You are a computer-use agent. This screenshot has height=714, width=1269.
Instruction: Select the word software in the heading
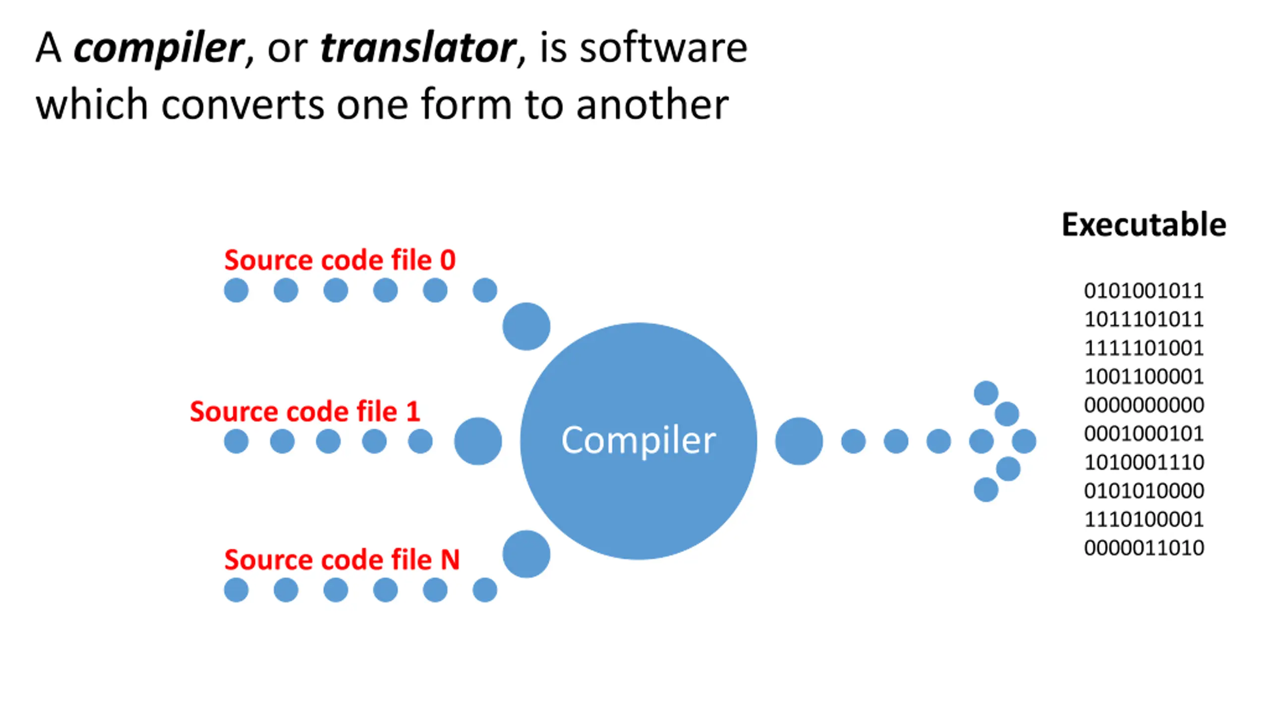[x=663, y=48]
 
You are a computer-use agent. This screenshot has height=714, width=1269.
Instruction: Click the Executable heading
[x=1144, y=225]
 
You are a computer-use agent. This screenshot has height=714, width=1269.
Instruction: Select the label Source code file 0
[x=340, y=260]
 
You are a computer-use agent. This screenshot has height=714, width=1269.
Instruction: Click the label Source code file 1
[x=305, y=412]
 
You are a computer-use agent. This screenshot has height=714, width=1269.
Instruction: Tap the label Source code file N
[x=342, y=560]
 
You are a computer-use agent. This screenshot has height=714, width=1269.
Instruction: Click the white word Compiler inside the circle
[x=638, y=440]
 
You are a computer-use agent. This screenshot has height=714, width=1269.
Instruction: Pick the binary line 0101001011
[x=1144, y=291]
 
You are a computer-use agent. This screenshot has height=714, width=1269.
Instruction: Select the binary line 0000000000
[x=1144, y=405]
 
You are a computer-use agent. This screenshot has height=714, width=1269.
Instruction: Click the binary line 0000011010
[x=1144, y=548]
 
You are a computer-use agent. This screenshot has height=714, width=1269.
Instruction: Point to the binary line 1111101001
[x=1144, y=348]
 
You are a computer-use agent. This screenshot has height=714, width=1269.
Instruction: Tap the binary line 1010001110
[x=1144, y=462]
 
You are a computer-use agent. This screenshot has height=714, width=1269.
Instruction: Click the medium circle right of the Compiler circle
[x=799, y=441]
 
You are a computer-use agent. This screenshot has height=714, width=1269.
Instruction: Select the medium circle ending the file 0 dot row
[x=526, y=326]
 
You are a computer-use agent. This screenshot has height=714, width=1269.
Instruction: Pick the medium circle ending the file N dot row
[x=526, y=554]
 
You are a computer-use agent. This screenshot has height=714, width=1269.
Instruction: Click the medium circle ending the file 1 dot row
[x=478, y=441]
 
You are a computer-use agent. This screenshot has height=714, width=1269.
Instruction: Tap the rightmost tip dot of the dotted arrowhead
[x=1024, y=441]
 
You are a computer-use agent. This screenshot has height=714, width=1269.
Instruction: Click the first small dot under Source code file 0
[x=236, y=290]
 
